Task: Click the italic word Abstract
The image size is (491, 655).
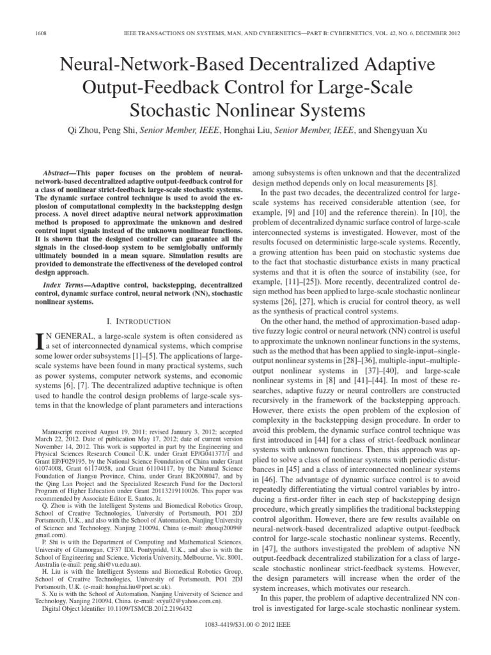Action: pyautogui.click(x=59, y=174)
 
